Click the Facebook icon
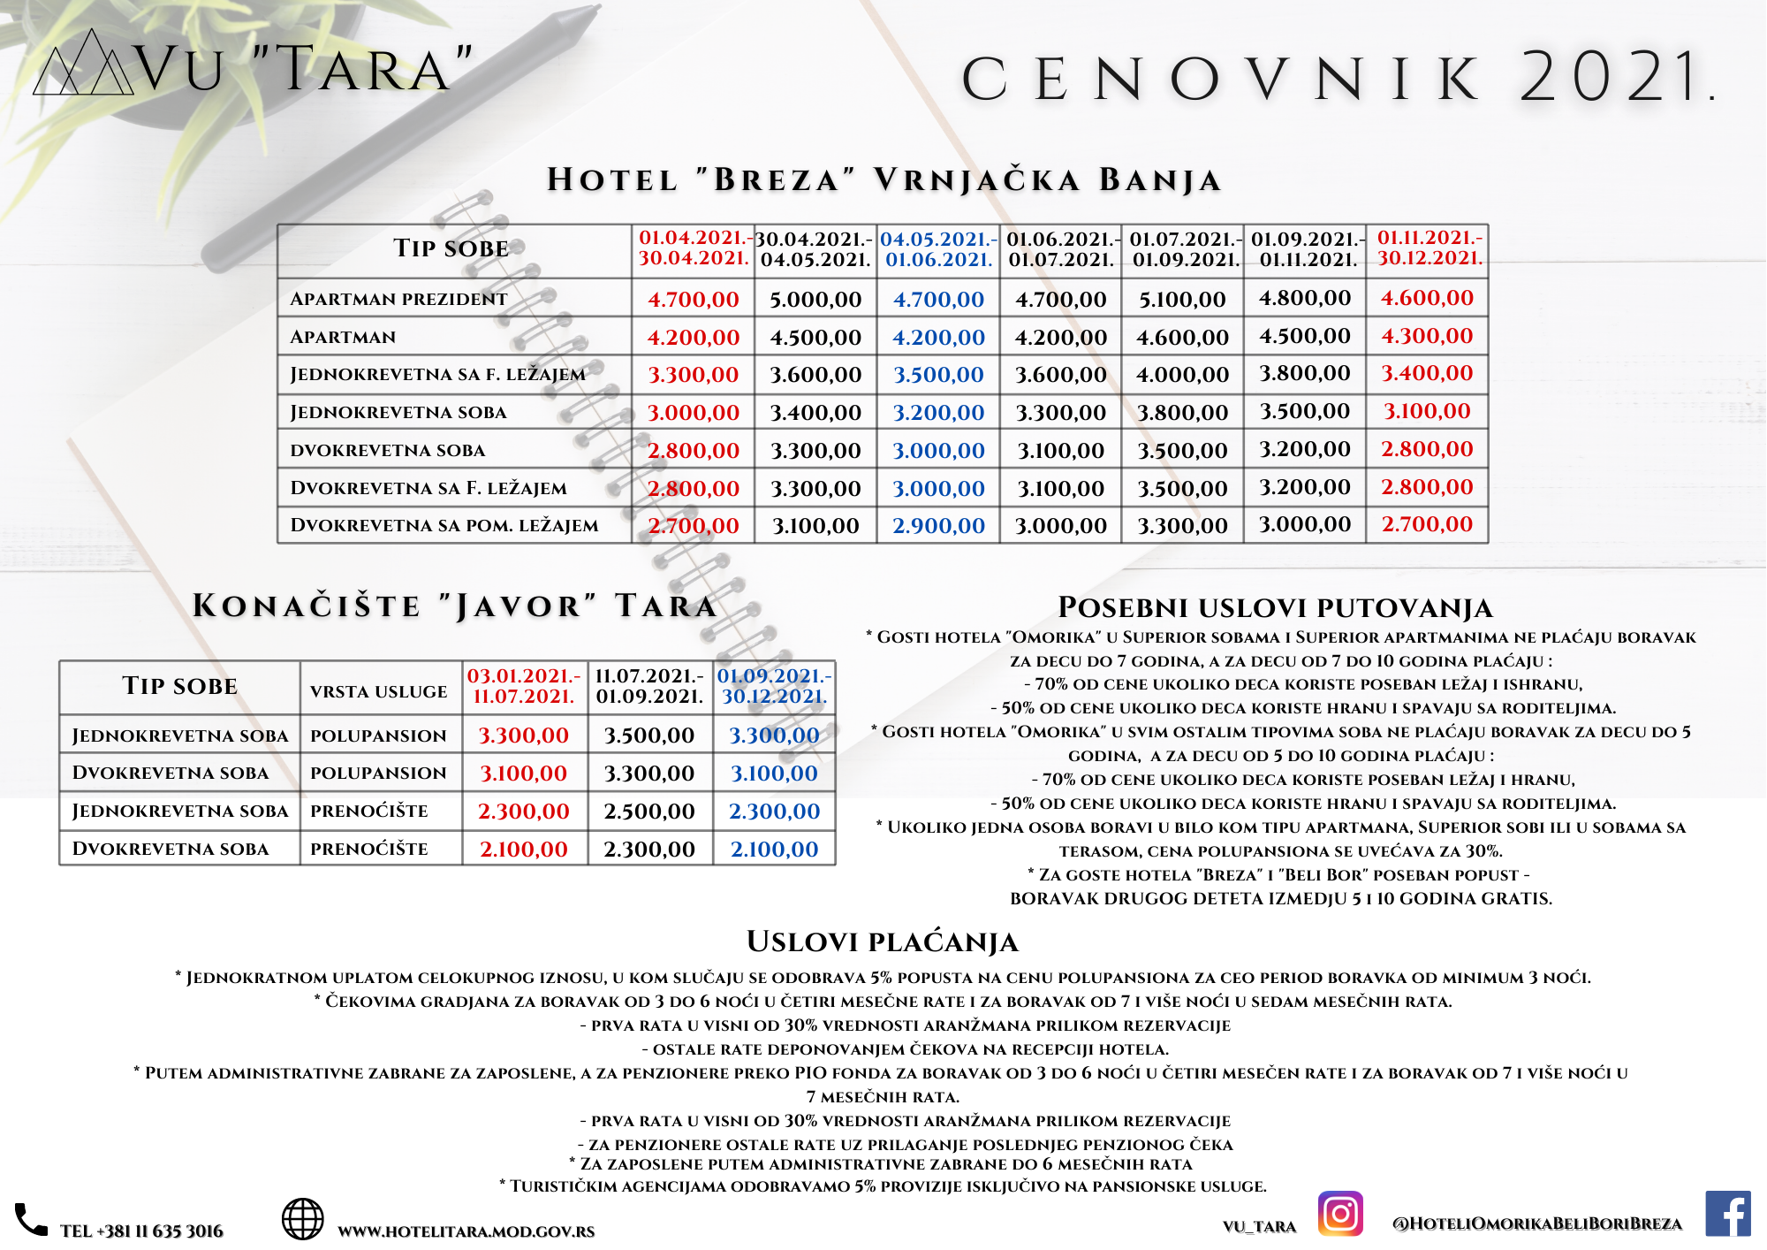[x=1727, y=1214]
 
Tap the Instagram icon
[x=1340, y=1214]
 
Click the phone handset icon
[x=31, y=1220]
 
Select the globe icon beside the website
[x=302, y=1219]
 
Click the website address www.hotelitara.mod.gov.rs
[x=466, y=1231]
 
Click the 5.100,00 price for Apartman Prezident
[x=1182, y=300]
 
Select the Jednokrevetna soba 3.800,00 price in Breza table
[x=1182, y=413]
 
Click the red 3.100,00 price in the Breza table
[x=1427, y=411]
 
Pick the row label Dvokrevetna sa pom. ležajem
[x=444, y=525]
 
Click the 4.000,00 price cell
[x=1182, y=375]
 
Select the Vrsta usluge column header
[x=379, y=691]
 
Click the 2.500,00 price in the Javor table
[x=649, y=812]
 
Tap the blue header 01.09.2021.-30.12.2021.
[x=774, y=686]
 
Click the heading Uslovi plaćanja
[x=883, y=942]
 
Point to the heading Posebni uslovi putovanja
[x=1276, y=608]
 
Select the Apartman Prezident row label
[x=398, y=300]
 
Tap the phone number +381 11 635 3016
[x=141, y=1231]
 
